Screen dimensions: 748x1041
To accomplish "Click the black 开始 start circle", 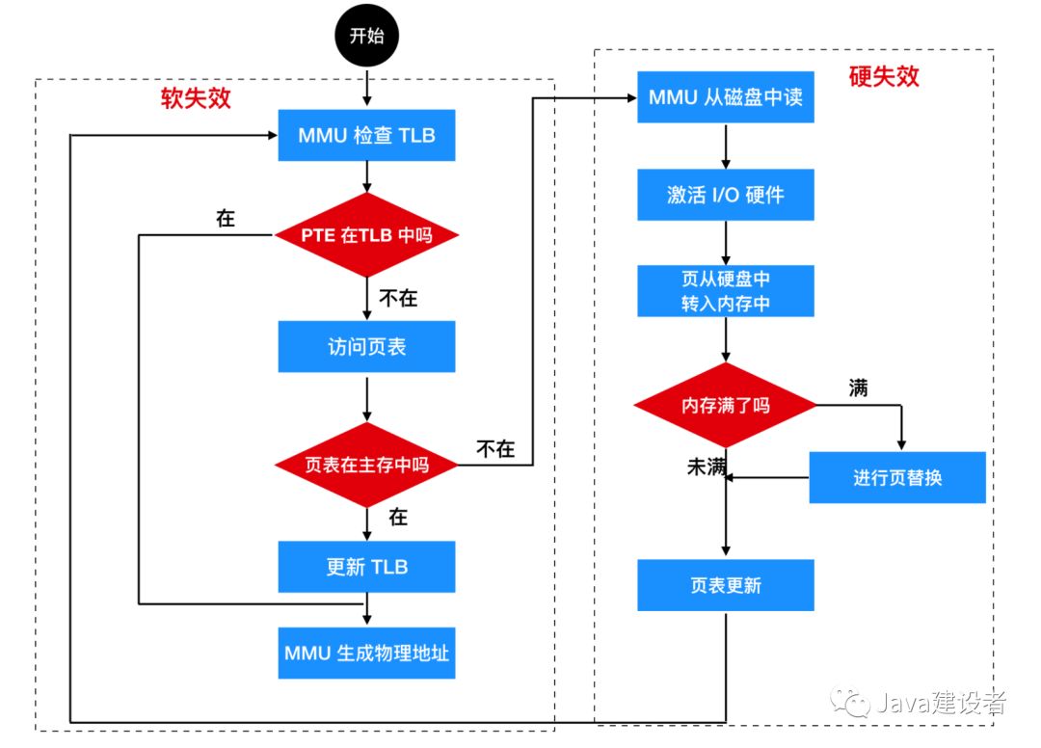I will coord(366,37).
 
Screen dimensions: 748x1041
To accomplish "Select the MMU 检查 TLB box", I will coord(366,135).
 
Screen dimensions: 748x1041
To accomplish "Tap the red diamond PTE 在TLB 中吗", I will coord(366,235).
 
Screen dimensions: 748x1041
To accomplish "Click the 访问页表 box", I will coord(366,347).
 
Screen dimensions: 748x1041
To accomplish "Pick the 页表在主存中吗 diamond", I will coord(366,465).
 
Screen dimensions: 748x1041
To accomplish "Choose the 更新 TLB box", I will coord(366,567).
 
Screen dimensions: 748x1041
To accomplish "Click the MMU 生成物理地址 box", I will coord(366,653).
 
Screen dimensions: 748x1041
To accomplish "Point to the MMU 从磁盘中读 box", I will coord(725,97).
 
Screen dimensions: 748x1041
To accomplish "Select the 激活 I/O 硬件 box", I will coord(725,195).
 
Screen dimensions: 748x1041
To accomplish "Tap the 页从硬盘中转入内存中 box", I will coord(725,291).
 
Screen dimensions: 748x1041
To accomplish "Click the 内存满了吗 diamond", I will coord(725,406).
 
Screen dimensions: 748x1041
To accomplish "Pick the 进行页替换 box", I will coord(896,477).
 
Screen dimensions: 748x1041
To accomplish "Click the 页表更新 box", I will coord(725,585).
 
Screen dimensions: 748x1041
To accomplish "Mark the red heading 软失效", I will coord(196,99).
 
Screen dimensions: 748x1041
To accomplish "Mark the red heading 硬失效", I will coord(884,77).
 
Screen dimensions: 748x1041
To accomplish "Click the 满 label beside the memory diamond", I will coord(858,387).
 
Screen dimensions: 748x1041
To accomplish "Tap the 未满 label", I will coord(705,467).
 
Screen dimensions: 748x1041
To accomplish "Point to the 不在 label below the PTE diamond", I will coord(397,298).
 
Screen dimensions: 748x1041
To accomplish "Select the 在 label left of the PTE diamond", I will coord(226,219).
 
